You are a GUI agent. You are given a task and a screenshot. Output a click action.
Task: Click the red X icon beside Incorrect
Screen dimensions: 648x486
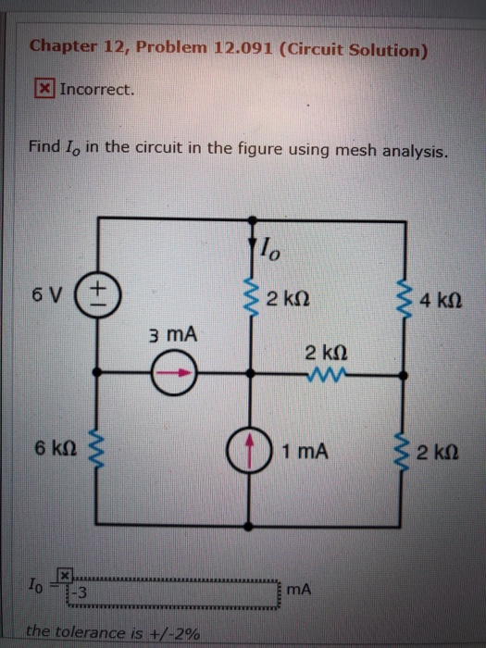44,90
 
